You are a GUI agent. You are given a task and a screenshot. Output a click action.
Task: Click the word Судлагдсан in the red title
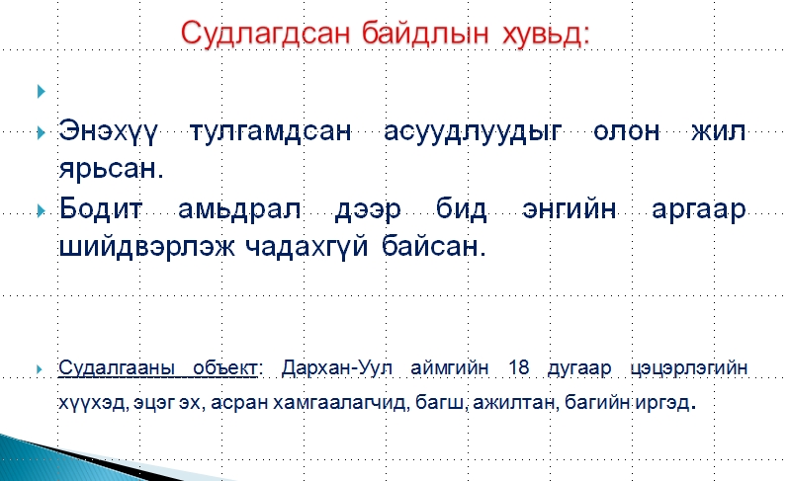[x=265, y=34]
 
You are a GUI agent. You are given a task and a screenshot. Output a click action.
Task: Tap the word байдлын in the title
[x=425, y=34]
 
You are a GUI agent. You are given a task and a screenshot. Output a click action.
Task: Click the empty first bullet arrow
[x=42, y=91]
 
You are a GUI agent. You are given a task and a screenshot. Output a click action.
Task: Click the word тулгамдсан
[x=270, y=132]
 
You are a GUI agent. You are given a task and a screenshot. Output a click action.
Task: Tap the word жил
[x=719, y=131]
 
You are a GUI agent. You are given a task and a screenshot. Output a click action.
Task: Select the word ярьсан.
[x=111, y=169]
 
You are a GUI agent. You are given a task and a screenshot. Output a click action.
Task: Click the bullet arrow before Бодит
[x=42, y=210]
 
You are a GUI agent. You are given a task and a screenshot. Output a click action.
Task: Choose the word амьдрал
[x=239, y=209]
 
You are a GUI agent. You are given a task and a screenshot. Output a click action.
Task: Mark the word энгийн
[x=570, y=208]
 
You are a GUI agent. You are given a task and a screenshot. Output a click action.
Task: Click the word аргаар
[x=698, y=210]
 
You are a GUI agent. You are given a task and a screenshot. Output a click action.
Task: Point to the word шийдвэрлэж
[x=147, y=246]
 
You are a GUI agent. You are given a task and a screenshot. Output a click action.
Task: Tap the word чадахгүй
[x=307, y=247]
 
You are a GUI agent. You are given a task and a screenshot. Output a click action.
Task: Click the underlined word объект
[x=224, y=368]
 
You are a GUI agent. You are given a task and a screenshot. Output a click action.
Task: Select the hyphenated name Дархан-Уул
[x=336, y=368]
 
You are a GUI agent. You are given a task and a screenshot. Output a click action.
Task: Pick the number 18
[x=518, y=367]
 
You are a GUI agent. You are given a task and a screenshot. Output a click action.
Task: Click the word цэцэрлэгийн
[x=689, y=368]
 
